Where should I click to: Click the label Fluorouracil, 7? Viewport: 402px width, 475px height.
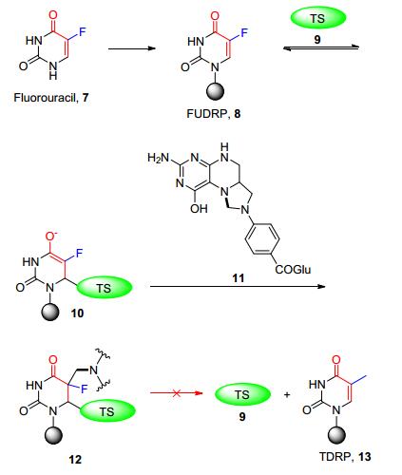[51, 98]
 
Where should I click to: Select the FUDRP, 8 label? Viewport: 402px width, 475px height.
[214, 114]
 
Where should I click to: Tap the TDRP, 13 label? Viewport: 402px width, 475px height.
[345, 457]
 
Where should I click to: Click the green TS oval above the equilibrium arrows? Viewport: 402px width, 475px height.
[318, 18]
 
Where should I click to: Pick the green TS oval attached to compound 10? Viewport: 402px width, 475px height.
[104, 288]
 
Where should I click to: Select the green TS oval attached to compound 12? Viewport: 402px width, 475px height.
[107, 411]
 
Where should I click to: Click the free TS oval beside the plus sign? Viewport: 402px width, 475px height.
[242, 394]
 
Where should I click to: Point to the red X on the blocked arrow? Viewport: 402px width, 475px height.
[177, 393]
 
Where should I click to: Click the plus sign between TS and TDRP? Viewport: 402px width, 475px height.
[287, 395]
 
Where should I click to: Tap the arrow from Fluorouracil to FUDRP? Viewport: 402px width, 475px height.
[132, 48]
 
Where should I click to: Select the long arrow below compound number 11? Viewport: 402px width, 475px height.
[238, 286]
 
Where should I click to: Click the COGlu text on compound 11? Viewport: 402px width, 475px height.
[293, 270]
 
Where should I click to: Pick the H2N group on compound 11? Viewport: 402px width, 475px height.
[159, 158]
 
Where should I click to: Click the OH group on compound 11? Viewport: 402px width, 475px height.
[199, 208]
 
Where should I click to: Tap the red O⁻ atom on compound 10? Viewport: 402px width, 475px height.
[51, 236]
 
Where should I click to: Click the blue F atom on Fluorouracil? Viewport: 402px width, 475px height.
[83, 31]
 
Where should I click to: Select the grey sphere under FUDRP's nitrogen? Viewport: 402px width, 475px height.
[216, 92]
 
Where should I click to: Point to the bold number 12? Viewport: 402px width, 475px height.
[75, 459]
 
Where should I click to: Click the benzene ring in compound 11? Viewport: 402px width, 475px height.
[262, 239]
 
